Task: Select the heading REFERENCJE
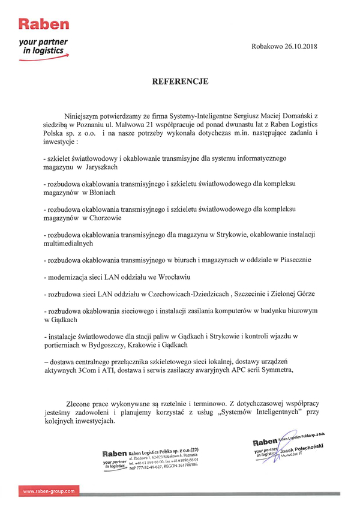[180, 81]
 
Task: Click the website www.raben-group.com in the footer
[49, 491]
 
